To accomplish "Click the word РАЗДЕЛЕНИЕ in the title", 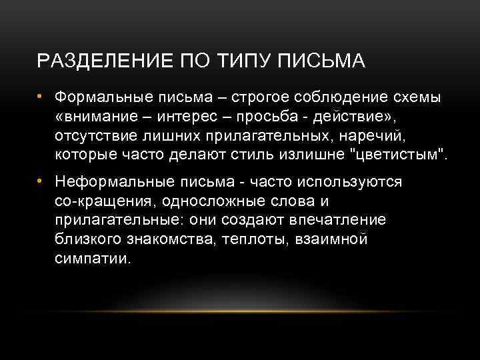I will pyautogui.click(x=94, y=61).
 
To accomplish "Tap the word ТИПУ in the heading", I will pyautogui.click(x=241, y=61).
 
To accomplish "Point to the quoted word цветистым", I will pyautogui.click(x=404, y=156).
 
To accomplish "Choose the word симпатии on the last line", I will pyautogui.click(x=94, y=259).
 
